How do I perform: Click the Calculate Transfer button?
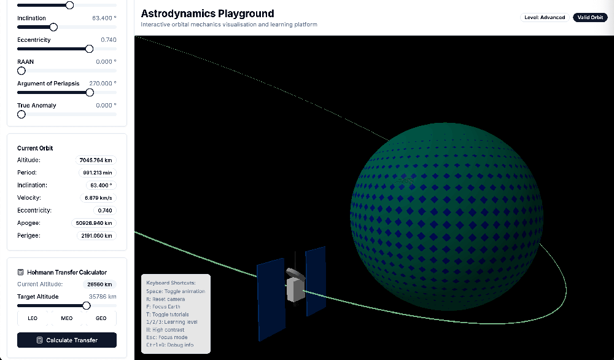[66, 340]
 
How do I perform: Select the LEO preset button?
[33, 318]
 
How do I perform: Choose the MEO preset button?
[66, 318]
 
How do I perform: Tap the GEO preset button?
[101, 318]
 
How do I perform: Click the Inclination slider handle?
[53, 27]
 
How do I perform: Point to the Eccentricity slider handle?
[89, 49]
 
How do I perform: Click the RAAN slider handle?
[21, 71]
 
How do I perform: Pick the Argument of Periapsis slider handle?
[90, 92]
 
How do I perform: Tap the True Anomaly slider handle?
[21, 114]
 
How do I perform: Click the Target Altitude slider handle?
[86, 305]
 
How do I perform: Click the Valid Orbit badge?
[590, 17]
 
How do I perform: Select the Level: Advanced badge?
[545, 17]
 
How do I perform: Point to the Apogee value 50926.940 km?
[94, 223]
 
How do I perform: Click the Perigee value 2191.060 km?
[96, 235]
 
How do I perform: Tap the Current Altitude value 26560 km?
[99, 284]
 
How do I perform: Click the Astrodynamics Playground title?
[208, 14]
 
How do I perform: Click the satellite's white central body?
[296, 290]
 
